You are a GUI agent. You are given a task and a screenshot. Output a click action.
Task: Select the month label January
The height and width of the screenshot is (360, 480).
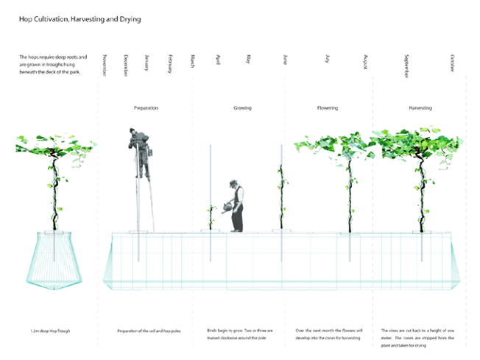click(x=147, y=63)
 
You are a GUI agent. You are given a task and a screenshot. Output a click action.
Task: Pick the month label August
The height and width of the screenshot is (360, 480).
click(x=366, y=62)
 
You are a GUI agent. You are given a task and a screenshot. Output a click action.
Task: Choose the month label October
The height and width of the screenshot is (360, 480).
click(x=453, y=63)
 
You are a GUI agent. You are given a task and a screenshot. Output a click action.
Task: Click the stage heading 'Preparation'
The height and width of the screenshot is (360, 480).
click(x=146, y=108)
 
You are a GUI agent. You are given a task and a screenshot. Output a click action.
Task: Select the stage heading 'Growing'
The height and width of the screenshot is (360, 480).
click(x=242, y=108)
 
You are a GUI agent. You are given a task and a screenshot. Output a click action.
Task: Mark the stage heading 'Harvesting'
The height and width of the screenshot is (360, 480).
click(x=420, y=108)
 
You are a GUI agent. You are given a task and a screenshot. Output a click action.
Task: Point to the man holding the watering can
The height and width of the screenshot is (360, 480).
click(x=236, y=205)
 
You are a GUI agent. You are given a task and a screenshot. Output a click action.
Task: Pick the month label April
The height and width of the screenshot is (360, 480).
click(x=218, y=60)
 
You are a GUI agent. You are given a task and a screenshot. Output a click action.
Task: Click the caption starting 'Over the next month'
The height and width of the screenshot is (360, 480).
click(x=328, y=334)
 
